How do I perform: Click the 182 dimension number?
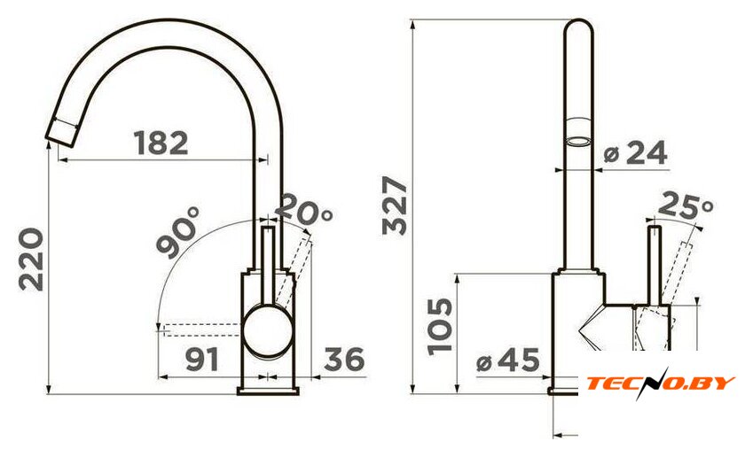[x=161, y=143]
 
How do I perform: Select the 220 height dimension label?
[x=31, y=259]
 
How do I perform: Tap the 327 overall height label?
[x=395, y=205]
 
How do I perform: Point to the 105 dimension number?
[x=440, y=327]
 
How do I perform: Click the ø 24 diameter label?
[x=635, y=153]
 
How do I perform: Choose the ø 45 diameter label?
[x=508, y=360]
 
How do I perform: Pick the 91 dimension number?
[x=202, y=360]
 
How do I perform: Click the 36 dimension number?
[x=344, y=360]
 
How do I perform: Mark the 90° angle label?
[x=179, y=232]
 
